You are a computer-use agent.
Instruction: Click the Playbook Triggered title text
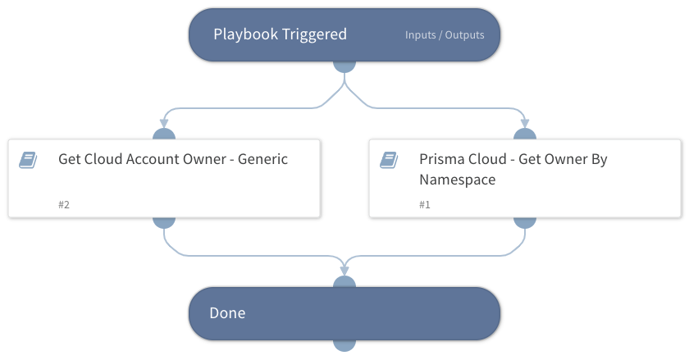click(x=280, y=34)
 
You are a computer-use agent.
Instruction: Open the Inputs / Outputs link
click(x=445, y=35)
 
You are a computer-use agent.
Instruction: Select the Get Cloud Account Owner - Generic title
click(x=173, y=159)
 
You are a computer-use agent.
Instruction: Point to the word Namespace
click(x=457, y=180)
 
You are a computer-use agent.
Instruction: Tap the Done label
click(x=227, y=313)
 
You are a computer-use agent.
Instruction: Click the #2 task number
click(x=64, y=204)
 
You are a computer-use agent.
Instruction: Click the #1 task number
click(x=425, y=204)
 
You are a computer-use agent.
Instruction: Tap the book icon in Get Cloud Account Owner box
click(x=28, y=160)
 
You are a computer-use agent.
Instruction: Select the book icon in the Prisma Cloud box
click(x=389, y=160)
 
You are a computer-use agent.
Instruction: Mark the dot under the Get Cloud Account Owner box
click(x=164, y=221)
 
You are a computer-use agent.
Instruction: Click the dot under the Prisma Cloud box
click(x=525, y=221)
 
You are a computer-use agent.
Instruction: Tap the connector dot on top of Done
click(x=344, y=283)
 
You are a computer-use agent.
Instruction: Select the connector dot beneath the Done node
click(x=344, y=344)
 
